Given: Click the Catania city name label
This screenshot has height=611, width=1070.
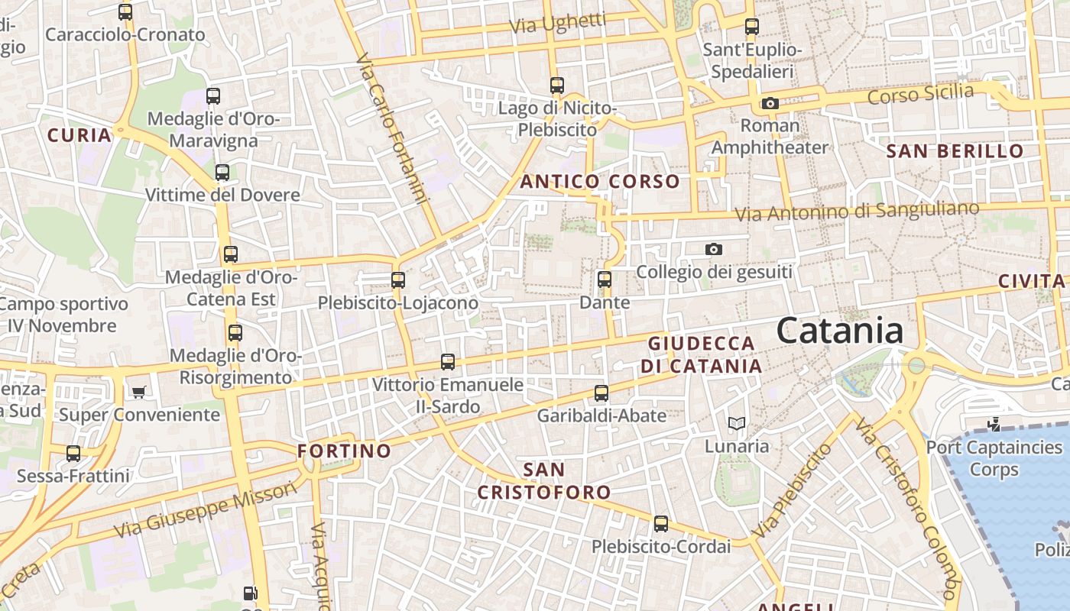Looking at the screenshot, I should [x=839, y=331].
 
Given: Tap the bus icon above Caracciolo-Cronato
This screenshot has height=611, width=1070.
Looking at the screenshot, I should [x=125, y=12].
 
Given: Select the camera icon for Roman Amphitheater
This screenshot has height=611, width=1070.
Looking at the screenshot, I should [x=770, y=103].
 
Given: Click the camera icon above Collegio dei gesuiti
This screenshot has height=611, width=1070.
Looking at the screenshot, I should [x=713, y=249].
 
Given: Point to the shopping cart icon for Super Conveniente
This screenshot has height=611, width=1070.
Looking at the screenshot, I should [x=138, y=393].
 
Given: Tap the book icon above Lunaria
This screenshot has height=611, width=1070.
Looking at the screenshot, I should [x=736, y=423].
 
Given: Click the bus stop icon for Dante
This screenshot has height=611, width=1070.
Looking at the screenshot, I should [x=605, y=280].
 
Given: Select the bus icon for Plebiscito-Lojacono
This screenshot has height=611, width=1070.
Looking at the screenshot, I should [x=398, y=280].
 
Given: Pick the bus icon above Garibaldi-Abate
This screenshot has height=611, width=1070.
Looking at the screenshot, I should [x=601, y=393].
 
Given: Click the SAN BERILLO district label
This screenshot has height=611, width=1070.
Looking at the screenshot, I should [x=955, y=151].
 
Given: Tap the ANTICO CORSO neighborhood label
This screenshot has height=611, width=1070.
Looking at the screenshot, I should [x=599, y=182].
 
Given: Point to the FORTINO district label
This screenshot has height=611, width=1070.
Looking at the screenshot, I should [x=344, y=451].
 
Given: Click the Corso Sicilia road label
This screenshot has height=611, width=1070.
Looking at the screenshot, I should [x=921, y=95].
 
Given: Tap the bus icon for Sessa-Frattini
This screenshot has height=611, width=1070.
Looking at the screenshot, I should [x=73, y=454].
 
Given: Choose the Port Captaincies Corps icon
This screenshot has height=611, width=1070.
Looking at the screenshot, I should [x=994, y=424].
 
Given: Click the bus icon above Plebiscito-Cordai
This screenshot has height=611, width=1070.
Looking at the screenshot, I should [x=661, y=525].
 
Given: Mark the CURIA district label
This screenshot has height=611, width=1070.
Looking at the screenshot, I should [x=79, y=136].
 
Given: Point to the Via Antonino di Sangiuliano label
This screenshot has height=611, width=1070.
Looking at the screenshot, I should [x=856, y=212].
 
